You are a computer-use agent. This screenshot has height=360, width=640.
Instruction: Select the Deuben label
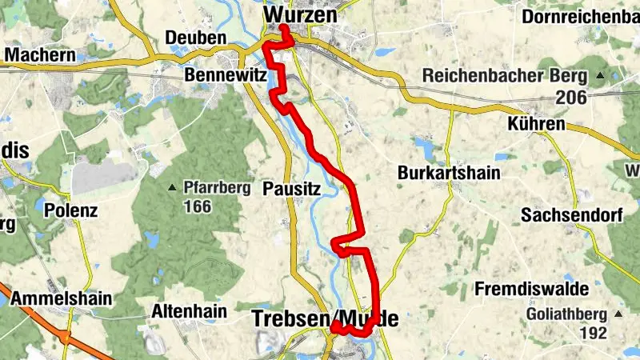tap(195, 38)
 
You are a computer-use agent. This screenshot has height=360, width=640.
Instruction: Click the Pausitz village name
tap(291, 190)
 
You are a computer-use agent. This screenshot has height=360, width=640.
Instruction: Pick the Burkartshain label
tap(448, 173)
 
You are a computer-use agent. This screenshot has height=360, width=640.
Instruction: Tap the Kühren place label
tap(536, 125)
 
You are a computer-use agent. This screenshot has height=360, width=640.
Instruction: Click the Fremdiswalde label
tap(531, 288)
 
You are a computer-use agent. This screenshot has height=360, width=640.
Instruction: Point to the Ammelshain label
tap(61, 298)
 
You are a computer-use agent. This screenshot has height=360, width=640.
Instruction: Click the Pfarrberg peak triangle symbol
tap(172, 189)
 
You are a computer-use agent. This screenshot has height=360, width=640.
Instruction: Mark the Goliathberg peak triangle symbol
tap(618, 314)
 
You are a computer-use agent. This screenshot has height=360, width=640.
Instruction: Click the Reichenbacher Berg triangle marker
tap(600, 76)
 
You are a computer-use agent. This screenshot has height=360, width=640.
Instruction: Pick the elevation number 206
tap(573, 98)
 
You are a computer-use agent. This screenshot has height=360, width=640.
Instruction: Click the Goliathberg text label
tap(567, 314)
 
